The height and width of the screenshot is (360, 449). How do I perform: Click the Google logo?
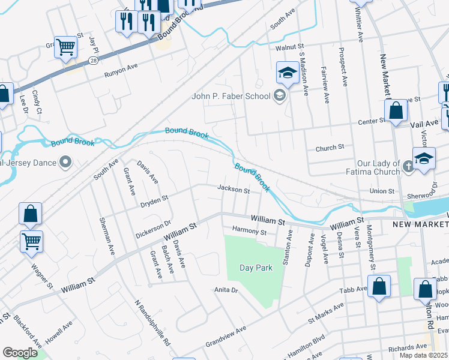(x=20, y=352)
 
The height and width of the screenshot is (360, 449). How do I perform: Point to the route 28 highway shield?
(x=94, y=61)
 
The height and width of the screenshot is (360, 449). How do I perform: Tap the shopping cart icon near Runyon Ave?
(x=65, y=46)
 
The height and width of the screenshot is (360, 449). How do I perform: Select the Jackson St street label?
(x=233, y=190)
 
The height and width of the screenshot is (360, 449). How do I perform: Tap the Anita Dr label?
(x=227, y=290)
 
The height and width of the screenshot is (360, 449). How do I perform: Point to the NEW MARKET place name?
(x=420, y=224)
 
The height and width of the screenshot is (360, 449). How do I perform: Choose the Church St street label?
(x=330, y=147)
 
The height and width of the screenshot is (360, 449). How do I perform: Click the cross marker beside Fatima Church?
(x=409, y=167)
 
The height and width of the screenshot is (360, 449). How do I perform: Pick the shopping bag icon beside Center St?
(x=396, y=110)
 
